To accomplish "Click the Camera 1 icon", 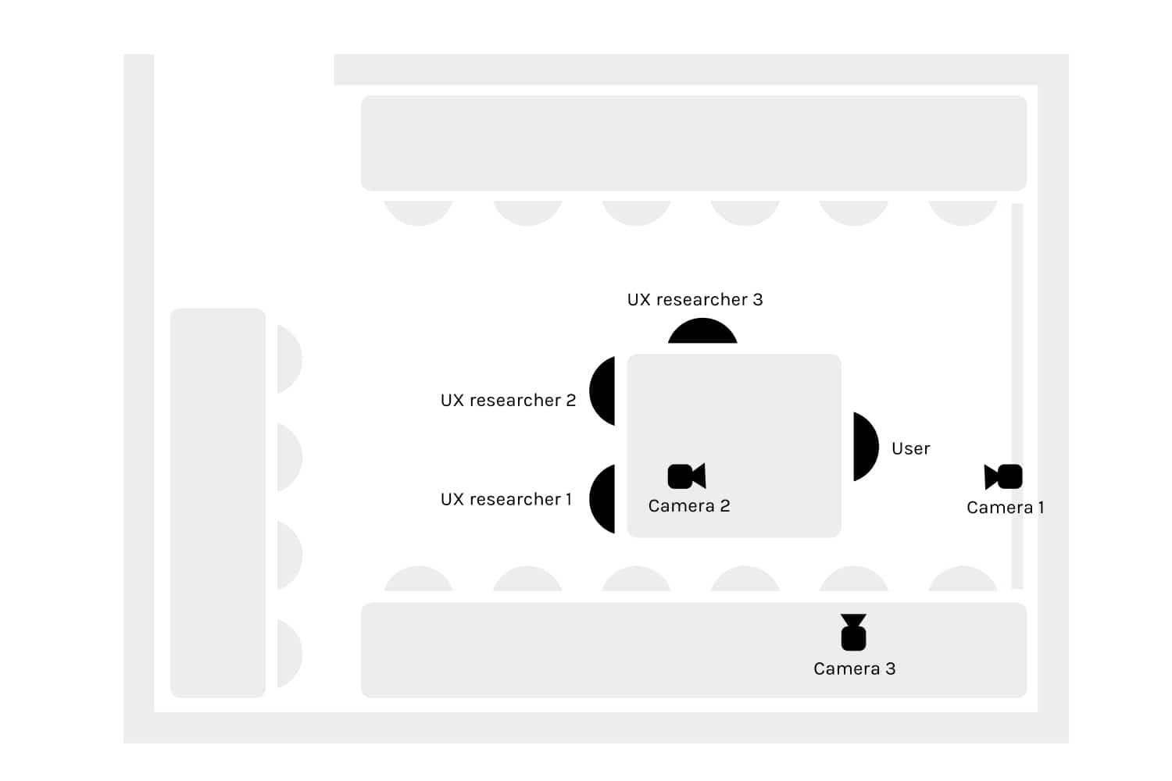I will click(x=1004, y=476).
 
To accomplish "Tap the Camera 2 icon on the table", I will click(x=687, y=476).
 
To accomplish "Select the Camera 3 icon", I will click(x=853, y=633).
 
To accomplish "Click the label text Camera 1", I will click(x=1005, y=508).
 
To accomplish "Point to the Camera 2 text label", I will click(x=689, y=506).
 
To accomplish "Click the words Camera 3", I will click(x=854, y=669).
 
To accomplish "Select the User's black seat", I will click(x=864, y=447).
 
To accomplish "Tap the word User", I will click(x=910, y=448).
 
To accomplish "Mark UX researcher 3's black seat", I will click(x=702, y=333).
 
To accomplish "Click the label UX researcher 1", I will click(x=506, y=499).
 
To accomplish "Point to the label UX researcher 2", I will click(x=508, y=400).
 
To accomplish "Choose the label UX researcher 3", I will click(x=695, y=299).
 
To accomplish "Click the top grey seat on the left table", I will click(x=288, y=359).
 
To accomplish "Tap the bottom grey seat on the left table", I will click(x=288, y=654).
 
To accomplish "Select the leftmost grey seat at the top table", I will click(x=419, y=212).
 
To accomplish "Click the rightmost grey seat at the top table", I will click(x=963, y=212).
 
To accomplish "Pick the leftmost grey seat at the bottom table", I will click(x=419, y=580).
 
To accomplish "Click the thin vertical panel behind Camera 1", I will click(x=1017, y=351).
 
